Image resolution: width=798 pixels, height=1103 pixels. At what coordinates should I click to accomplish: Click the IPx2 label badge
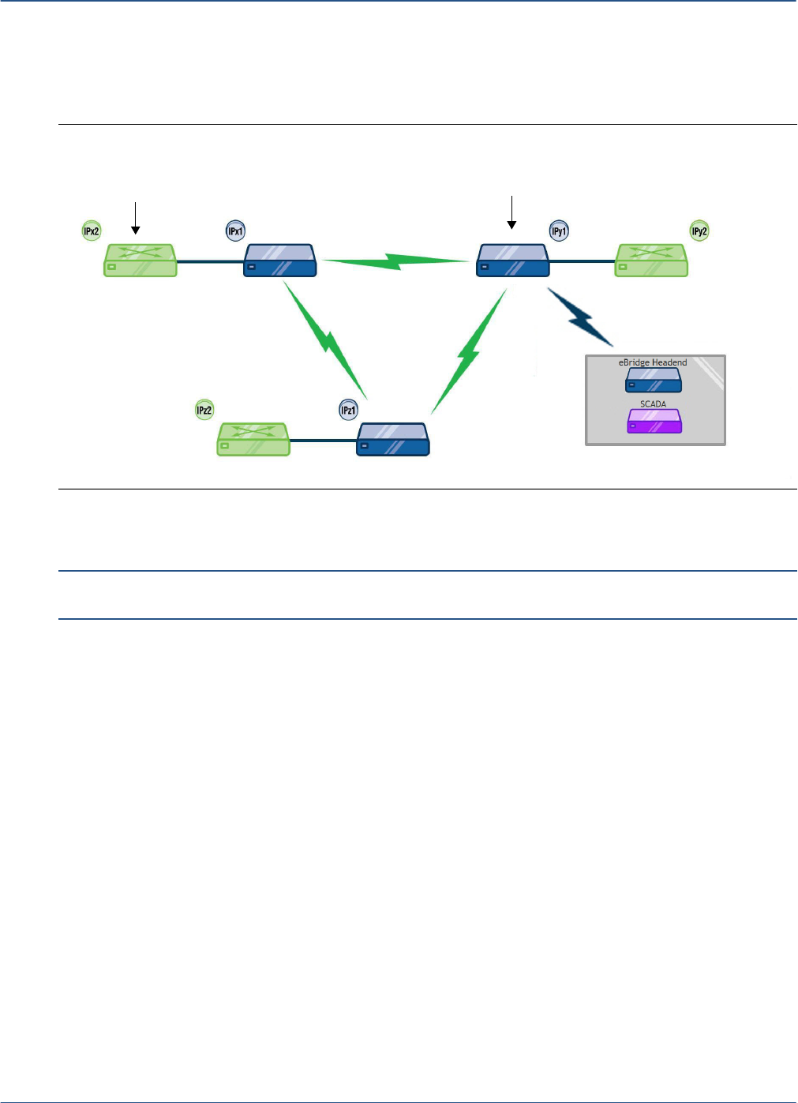92,231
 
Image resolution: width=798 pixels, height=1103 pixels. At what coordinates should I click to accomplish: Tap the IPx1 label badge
235,231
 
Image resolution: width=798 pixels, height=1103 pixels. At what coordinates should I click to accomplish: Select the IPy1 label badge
559,231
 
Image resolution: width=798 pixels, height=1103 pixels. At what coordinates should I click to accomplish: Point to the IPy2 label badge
699,231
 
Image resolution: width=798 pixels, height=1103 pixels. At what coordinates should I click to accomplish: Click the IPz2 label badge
204,410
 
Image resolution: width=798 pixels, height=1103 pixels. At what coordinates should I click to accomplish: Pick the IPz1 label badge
348,410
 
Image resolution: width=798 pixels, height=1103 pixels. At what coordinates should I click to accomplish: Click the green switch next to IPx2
140,260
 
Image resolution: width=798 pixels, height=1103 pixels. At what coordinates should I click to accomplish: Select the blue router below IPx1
280,260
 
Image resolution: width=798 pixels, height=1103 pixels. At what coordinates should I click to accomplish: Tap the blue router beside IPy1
513,260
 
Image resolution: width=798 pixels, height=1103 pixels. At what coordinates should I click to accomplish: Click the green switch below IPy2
652,260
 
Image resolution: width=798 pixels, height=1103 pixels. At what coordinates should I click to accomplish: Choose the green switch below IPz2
253,439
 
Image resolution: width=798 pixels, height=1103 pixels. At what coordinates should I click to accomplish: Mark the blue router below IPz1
394,439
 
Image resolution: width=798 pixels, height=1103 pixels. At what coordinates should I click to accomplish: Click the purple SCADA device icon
654,421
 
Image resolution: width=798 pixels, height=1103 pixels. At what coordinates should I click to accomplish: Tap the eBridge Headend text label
653,362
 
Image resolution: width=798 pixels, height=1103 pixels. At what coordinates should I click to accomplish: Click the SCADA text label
653,403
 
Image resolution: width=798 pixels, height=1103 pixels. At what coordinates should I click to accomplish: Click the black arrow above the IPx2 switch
136,218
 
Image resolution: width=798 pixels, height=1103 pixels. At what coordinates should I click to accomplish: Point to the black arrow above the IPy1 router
512,212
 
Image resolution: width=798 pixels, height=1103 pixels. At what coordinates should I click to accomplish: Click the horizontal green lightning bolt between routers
396,261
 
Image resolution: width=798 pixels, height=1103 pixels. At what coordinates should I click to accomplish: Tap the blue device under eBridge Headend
654,380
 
